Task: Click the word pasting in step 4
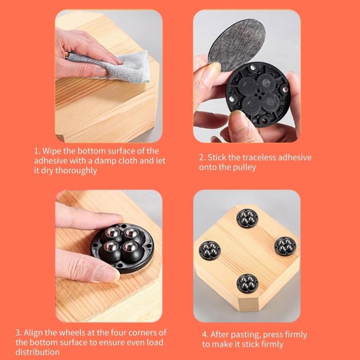coord(241,335)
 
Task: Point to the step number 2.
coord(201,157)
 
